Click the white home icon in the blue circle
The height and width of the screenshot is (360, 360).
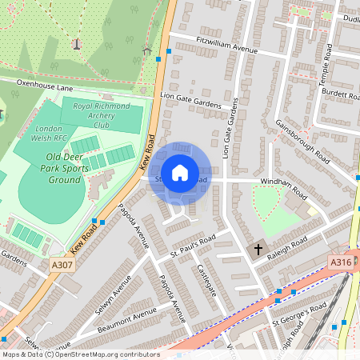pos(180,172)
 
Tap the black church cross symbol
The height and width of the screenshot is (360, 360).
pos(258,250)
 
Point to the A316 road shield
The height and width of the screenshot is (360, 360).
pos(341,262)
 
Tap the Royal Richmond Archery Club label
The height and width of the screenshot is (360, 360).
pos(101,115)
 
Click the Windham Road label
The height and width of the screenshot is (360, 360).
pos(283,188)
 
